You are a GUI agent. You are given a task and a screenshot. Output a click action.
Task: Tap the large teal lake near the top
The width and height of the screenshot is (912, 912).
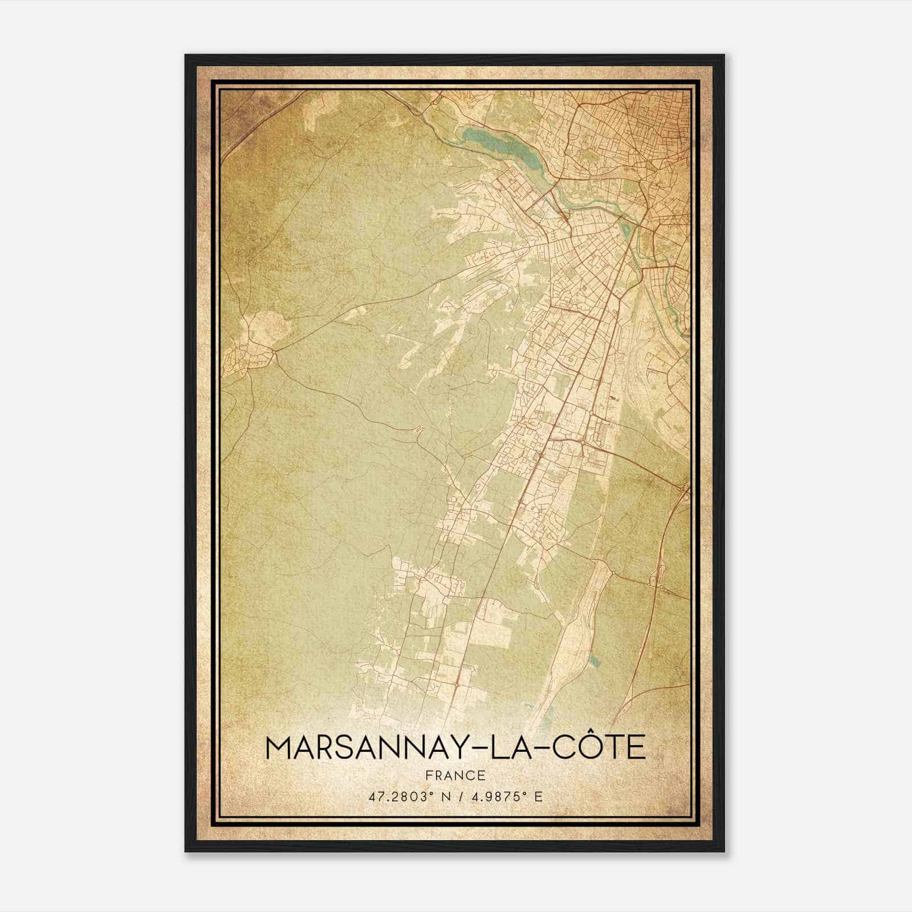(x=496, y=146)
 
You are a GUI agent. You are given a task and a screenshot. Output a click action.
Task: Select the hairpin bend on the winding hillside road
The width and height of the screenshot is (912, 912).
(x=421, y=429)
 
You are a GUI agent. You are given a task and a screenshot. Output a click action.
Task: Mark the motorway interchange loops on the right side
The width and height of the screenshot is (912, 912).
(x=655, y=579)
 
